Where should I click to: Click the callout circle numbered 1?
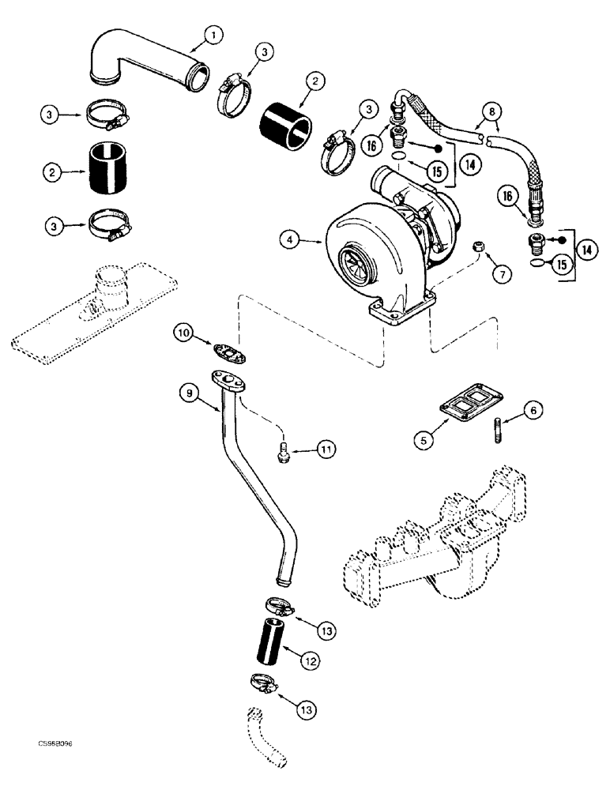[x=212, y=34]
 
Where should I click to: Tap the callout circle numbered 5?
[x=427, y=439]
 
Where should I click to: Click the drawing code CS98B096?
[x=58, y=743]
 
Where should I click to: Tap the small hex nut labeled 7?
[x=479, y=250]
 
